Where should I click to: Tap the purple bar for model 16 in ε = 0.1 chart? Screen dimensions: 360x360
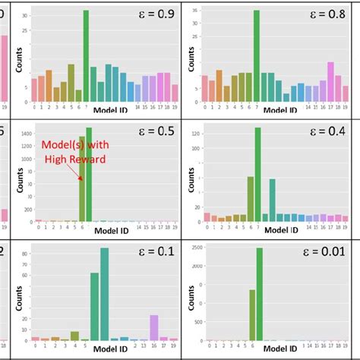tap(154, 327)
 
